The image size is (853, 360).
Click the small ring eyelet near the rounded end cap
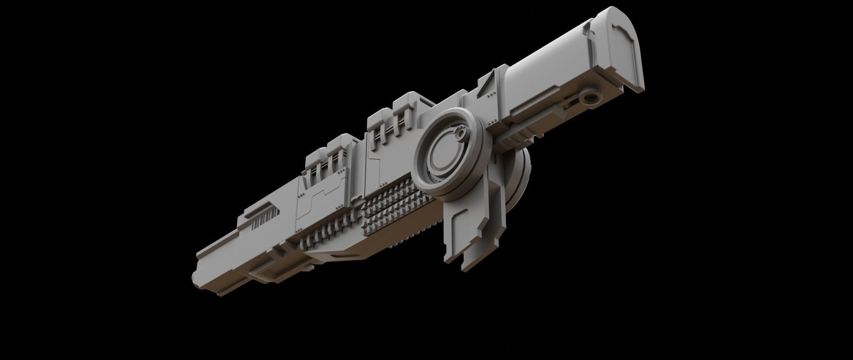point(590,99)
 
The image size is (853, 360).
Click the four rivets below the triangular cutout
point(490,95)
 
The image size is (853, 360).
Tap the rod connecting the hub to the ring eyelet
point(533,124)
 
